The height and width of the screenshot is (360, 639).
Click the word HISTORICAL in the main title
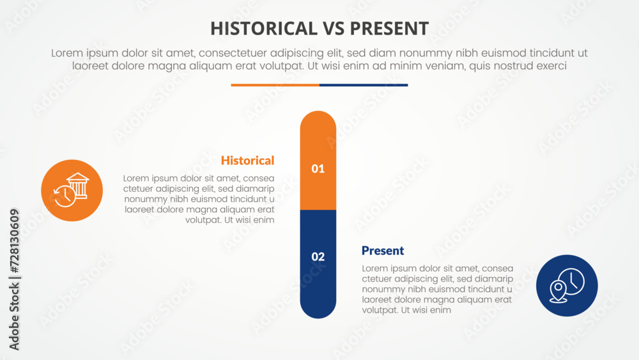(263, 28)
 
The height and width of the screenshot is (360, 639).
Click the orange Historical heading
(247, 160)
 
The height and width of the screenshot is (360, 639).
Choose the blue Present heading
(383, 251)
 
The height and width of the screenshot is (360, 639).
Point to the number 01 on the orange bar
(318, 169)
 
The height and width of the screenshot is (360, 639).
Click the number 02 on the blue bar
(318, 257)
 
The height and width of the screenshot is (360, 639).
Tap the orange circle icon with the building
(72, 191)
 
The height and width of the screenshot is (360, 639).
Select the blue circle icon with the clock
(567, 285)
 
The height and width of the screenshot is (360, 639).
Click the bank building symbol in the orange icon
(78, 185)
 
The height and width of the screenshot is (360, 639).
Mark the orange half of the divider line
(275, 85)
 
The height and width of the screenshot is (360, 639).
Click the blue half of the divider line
(364, 85)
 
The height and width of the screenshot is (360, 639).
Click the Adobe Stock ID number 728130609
(14, 240)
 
